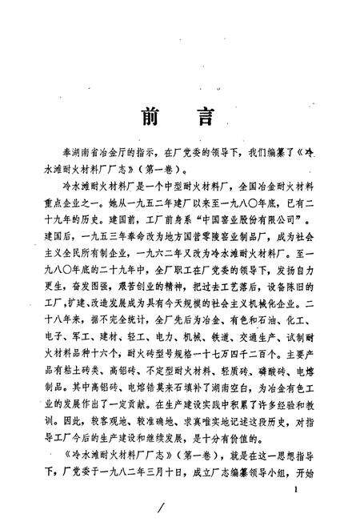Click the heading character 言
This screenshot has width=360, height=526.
point(204,115)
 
